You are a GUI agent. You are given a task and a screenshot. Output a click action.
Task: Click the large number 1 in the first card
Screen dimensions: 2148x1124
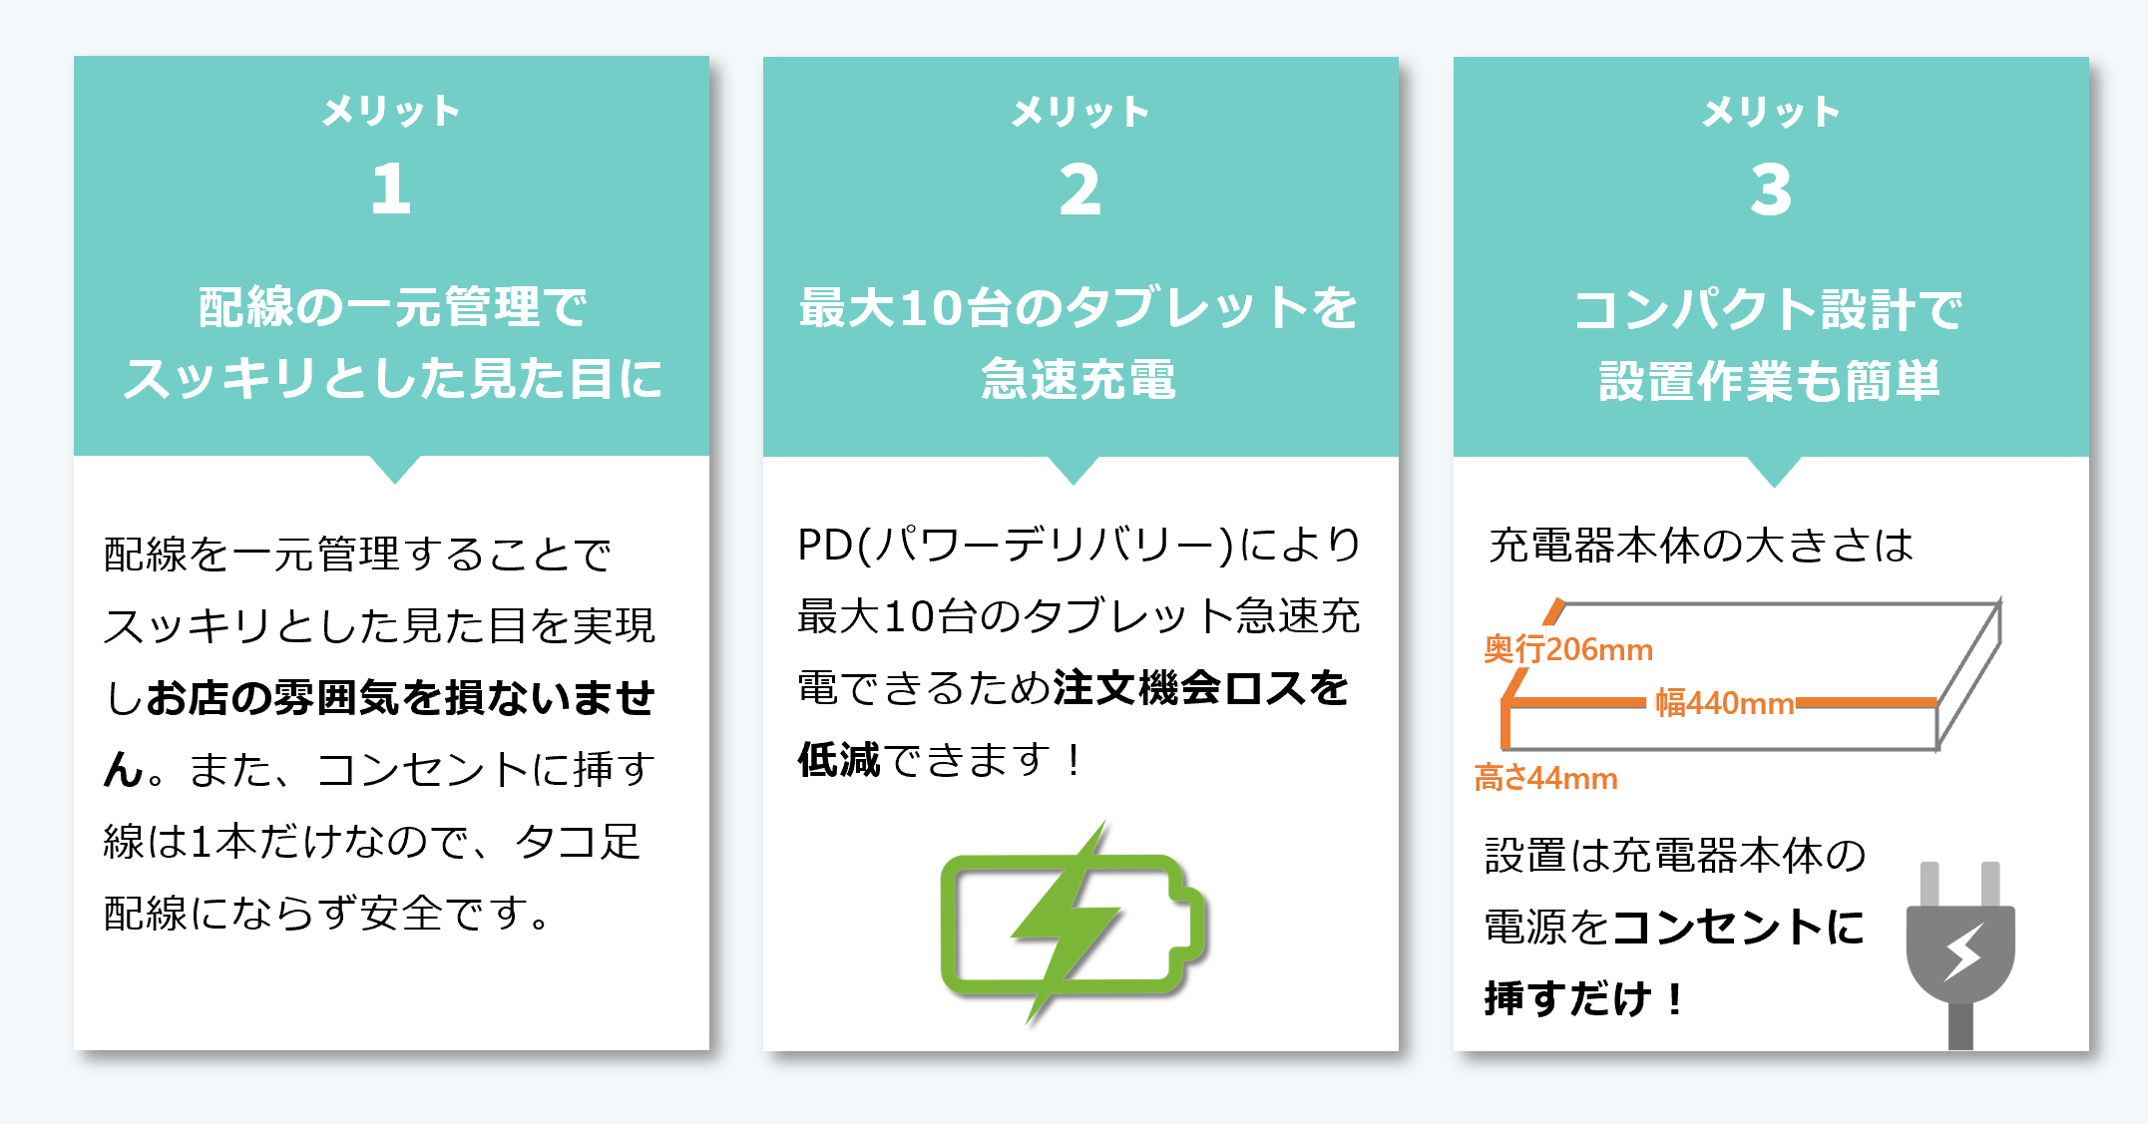click(391, 188)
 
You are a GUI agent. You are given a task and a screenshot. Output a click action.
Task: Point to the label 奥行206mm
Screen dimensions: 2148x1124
click(1567, 649)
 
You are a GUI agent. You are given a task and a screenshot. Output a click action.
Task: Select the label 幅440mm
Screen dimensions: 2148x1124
click(1724, 703)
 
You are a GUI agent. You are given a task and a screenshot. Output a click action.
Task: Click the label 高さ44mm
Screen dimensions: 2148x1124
click(1545, 778)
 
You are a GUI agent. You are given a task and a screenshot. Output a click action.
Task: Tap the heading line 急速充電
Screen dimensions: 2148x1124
click(1079, 379)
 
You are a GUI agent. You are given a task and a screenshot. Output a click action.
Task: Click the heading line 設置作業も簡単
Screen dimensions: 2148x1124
click(1770, 381)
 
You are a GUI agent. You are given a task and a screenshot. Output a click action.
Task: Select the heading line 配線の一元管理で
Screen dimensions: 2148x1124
click(392, 306)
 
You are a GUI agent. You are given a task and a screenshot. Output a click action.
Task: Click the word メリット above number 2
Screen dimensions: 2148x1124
click(1080, 112)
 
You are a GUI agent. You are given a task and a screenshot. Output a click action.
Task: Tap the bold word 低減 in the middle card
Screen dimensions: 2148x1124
click(839, 760)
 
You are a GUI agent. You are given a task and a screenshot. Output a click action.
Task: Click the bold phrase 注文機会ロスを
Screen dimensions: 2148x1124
click(1200, 688)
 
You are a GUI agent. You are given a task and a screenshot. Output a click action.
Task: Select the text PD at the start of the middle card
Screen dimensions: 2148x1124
click(824, 546)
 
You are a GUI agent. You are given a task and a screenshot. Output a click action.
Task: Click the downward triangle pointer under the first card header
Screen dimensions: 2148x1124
click(395, 469)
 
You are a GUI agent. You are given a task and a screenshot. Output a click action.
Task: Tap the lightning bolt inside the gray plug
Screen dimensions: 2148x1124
click(1962, 952)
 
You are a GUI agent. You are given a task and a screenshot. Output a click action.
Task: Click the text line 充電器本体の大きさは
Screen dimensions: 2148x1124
click(1700, 546)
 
